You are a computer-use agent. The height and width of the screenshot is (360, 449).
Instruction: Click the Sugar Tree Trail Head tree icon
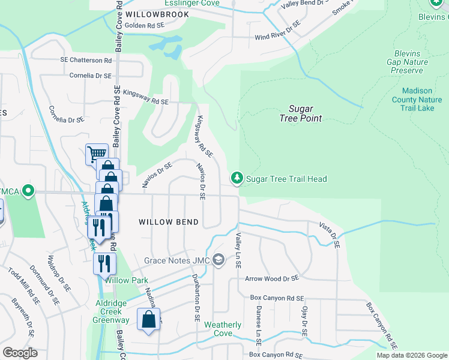pyautogui.click(x=237, y=178)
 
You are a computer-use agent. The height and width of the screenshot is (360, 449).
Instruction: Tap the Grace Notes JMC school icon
pyautogui.click(x=218, y=260)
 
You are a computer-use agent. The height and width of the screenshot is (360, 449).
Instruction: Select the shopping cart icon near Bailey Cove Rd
pyautogui.click(x=97, y=154)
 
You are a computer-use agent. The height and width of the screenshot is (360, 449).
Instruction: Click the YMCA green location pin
pyautogui.click(x=28, y=191)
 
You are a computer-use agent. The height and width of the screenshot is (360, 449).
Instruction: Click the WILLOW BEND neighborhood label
pyautogui.click(x=169, y=222)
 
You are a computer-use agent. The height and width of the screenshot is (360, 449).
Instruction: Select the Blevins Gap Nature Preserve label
pyautogui.click(x=408, y=62)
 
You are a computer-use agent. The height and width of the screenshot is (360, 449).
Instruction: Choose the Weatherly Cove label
pyautogui.click(x=223, y=329)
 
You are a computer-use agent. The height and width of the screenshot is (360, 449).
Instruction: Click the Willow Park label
pyautogui.click(x=127, y=280)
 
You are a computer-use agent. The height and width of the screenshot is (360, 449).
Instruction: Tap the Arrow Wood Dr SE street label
pyautogui.click(x=271, y=278)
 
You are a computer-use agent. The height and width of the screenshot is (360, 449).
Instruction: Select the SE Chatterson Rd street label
pyautogui.click(x=86, y=60)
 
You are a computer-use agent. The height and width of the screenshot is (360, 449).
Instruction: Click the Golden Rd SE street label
pyautogui.click(x=144, y=25)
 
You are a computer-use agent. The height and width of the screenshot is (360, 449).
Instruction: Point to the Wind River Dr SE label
pyautogui.click(x=277, y=32)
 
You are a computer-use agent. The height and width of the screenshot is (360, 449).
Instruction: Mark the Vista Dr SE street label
pyautogui.click(x=329, y=236)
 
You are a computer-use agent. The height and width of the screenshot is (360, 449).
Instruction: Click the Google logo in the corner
pyautogui.click(x=20, y=352)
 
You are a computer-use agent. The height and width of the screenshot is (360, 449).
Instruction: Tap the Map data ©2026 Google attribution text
pyautogui.click(x=412, y=355)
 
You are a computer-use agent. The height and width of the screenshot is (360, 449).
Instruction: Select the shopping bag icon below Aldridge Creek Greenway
pyautogui.click(x=148, y=320)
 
